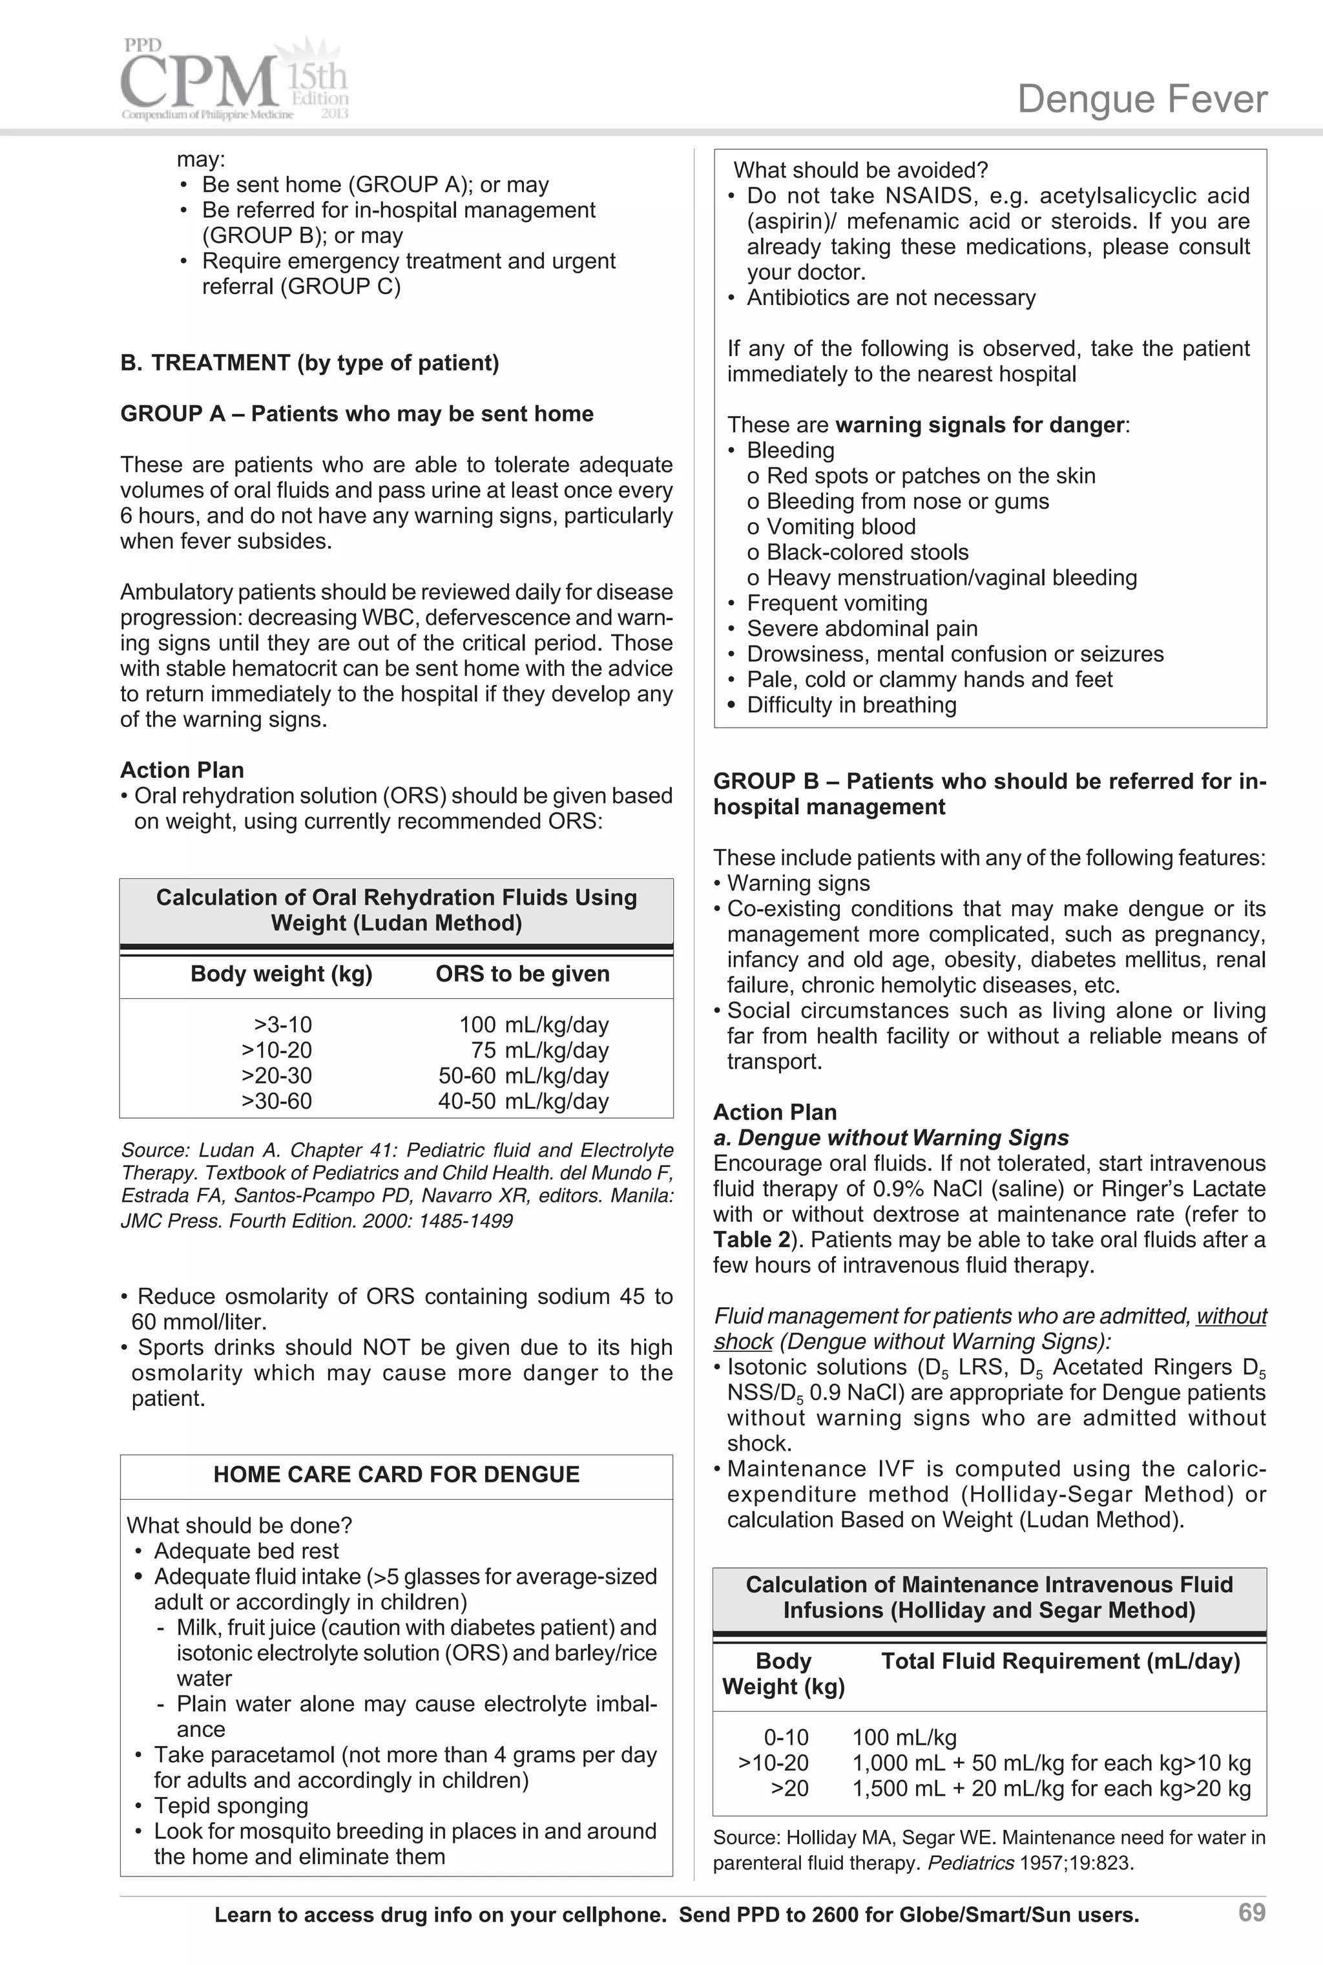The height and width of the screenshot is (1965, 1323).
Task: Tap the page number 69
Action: point(1251,1912)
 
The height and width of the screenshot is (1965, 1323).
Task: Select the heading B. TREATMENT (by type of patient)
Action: point(309,363)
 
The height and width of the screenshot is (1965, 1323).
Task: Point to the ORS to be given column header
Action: point(522,974)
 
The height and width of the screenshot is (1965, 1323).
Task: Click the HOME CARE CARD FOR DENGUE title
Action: point(397,1474)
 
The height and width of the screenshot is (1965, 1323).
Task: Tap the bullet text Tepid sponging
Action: point(231,1805)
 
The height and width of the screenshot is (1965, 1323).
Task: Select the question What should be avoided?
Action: point(860,171)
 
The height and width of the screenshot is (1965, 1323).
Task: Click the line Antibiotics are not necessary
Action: point(891,298)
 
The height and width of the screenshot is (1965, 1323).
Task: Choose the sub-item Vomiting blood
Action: point(840,527)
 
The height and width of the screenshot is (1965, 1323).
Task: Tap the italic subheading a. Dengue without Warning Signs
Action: point(891,1137)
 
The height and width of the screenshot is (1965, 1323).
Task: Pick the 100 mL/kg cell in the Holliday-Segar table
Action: point(904,1737)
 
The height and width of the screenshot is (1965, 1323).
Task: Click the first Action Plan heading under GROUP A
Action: point(182,770)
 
